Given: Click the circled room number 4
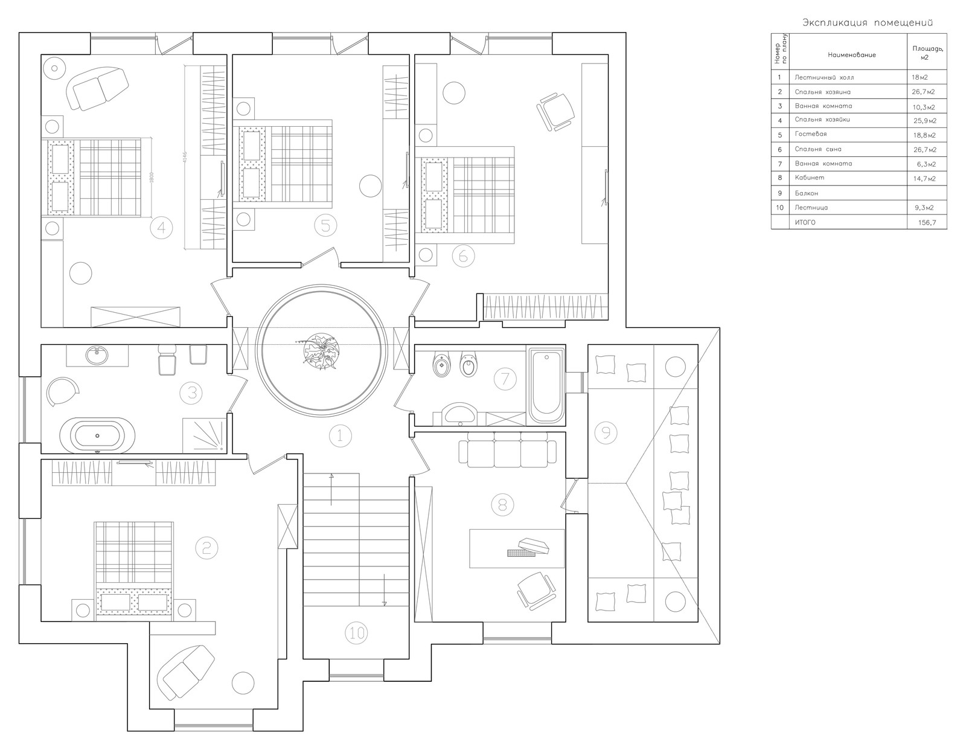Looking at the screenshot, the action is (161, 228).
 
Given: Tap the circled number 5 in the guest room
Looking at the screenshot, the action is (325, 226).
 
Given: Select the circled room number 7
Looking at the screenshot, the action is (505, 379).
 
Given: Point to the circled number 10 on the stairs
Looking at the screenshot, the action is (357, 633).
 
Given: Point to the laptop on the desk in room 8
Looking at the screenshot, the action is (528, 548).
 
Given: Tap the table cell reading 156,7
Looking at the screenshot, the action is (927, 222).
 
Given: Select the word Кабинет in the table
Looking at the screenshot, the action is (810, 178).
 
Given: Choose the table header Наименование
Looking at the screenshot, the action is (852, 55).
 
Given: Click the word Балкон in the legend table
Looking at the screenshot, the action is (807, 193).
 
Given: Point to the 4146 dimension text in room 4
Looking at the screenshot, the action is (185, 158).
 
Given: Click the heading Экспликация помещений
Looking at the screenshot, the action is (868, 23).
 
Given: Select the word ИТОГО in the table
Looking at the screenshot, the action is (805, 222).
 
